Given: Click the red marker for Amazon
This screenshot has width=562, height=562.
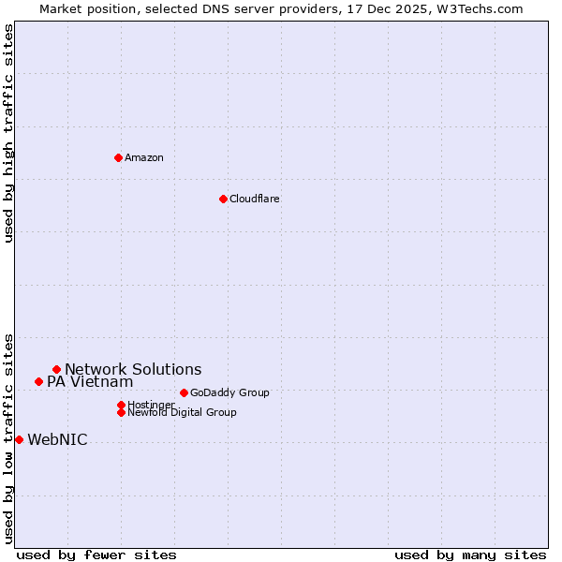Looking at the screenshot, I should [x=118, y=157].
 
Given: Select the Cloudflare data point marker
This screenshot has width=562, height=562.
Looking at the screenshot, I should [x=223, y=199].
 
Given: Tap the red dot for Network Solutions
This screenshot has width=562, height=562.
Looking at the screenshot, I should [x=56, y=369].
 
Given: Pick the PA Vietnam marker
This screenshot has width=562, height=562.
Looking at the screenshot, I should [x=38, y=381].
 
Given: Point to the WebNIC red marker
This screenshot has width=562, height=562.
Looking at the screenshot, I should [x=19, y=439].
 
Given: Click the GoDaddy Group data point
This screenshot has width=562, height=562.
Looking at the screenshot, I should [x=184, y=392].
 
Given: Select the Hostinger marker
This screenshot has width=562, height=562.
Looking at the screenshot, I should [x=121, y=405].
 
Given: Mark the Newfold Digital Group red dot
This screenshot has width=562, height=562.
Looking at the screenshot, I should [x=121, y=412].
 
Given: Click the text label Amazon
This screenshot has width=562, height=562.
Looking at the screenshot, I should [x=144, y=157].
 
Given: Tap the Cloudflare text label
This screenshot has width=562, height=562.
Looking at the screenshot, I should [x=255, y=199].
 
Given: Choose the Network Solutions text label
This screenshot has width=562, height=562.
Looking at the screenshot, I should [x=133, y=369].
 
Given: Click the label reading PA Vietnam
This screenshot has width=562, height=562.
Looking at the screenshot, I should [x=90, y=381].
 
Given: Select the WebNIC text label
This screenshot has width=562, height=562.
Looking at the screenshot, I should [x=57, y=439].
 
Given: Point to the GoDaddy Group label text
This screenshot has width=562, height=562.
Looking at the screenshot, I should [x=229, y=392].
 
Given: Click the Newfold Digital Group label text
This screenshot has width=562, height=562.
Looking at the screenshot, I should [x=182, y=412].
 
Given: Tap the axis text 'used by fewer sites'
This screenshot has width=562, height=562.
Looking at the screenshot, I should [x=96, y=555].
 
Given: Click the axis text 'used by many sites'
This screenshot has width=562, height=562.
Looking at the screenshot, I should [x=470, y=555].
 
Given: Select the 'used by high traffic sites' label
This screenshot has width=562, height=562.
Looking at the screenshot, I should [x=8, y=133].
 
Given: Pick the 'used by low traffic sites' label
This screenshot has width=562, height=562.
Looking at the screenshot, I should [x=8, y=437].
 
